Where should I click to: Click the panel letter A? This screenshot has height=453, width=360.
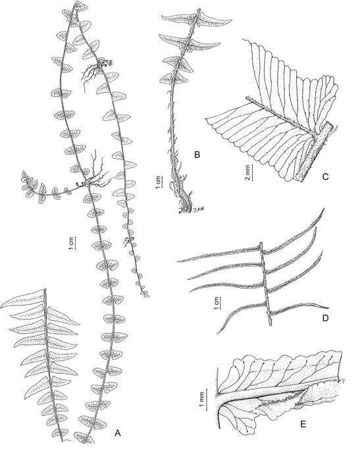tap(117, 432)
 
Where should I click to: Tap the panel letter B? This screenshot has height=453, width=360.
tap(197, 155)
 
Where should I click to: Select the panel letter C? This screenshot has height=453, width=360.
tap(325, 176)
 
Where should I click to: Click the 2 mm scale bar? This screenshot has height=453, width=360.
tap(253, 173)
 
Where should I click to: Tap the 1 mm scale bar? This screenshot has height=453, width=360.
tap(207, 399)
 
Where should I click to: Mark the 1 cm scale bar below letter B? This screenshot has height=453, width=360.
tap(163, 183)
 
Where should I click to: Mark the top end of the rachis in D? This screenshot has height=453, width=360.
tap(261, 243)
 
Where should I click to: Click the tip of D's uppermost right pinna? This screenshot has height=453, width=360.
tap(324, 208)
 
